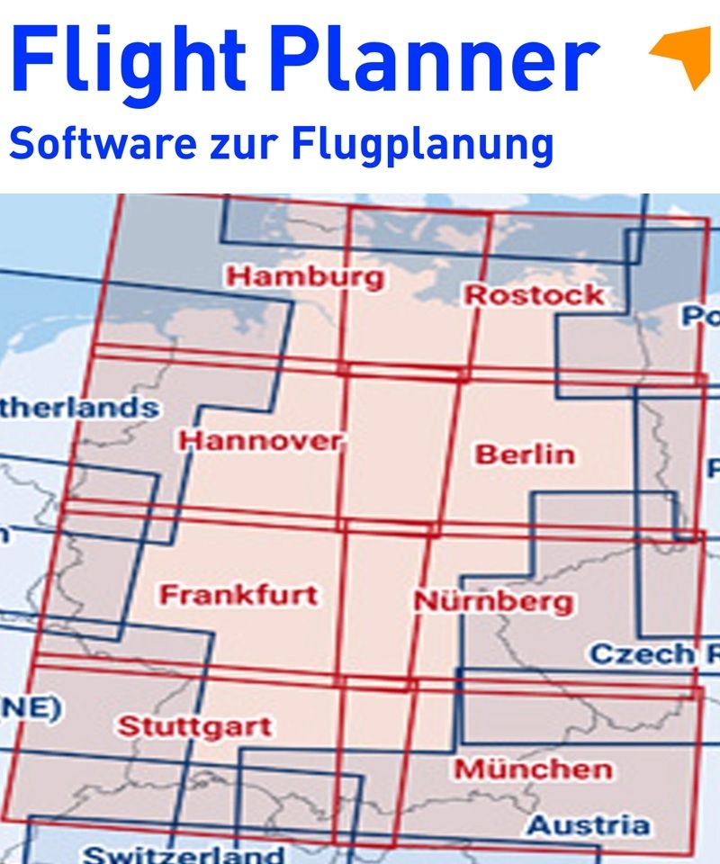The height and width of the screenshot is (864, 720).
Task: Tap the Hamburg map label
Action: click(305, 276)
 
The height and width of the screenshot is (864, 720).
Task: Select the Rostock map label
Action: click(534, 294)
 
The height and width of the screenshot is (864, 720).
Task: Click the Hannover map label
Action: click(261, 441)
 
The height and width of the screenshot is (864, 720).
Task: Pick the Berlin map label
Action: click(525, 454)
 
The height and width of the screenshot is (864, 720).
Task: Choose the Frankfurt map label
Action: click(238, 595)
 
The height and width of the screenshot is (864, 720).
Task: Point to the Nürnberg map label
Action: click(493, 601)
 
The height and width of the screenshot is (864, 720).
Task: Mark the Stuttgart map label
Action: click(195, 726)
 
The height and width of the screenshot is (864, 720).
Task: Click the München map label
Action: click(533, 769)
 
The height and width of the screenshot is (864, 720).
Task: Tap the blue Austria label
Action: click(588, 824)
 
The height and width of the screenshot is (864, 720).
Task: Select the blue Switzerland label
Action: click(184, 854)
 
